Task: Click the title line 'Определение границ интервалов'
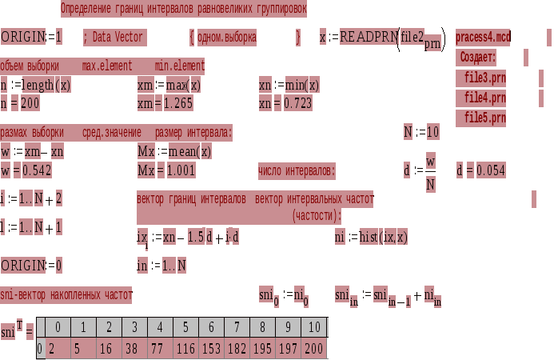183,9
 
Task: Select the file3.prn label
485,78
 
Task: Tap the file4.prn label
485,98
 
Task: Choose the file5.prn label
485,118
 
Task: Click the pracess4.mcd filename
483,38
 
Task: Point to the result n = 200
20,103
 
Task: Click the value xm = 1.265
166,103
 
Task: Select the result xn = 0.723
285,103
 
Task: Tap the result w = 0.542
26,170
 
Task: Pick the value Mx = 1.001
166,170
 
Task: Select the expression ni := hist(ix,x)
372,237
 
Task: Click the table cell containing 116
186,349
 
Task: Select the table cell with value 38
134,349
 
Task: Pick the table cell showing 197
289,349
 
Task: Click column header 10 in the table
315,328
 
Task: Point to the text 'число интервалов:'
297,171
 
